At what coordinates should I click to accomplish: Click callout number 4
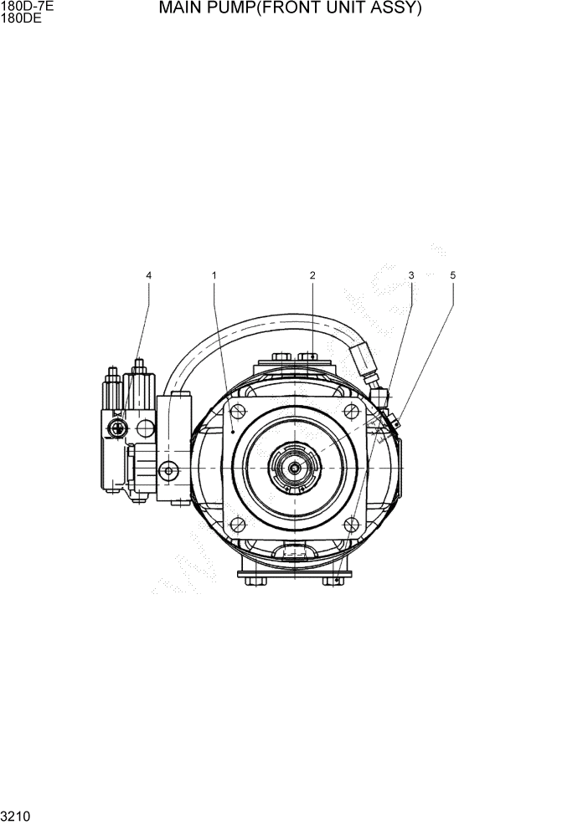click(149, 275)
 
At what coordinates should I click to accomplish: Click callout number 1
click(214, 275)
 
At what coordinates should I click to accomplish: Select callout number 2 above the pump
click(312, 275)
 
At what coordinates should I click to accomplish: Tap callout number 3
click(411, 275)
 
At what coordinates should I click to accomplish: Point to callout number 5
click(453, 275)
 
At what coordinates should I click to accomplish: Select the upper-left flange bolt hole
click(238, 411)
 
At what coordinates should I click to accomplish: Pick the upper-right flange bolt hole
click(352, 411)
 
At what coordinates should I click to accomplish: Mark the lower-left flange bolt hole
click(238, 525)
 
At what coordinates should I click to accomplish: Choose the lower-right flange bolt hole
click(352, 525)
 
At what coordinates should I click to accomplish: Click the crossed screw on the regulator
click(116, 428)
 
